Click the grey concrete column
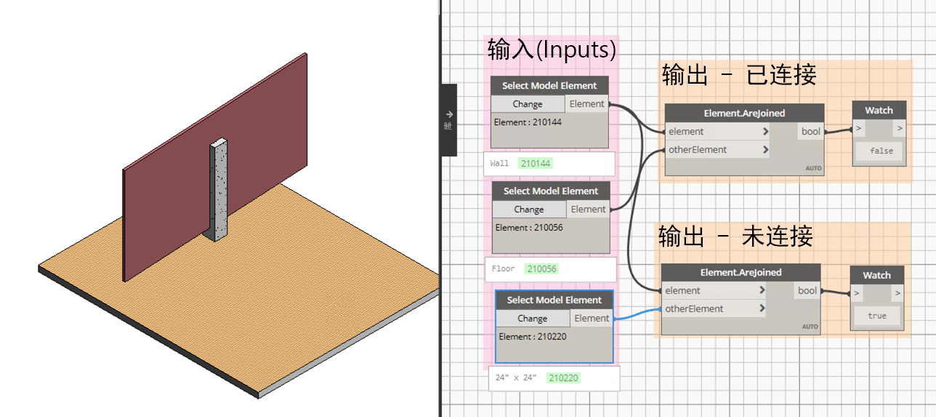click(219, 189)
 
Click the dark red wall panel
click(215, 167)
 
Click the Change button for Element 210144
click(528, 104)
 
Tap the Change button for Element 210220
click(533, 318)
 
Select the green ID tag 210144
click(536, 164)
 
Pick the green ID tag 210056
click(541, 269)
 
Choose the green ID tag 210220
click(563, 378)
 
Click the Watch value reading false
click(881, 151)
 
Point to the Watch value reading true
click(876, 316)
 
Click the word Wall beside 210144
click(499, 163)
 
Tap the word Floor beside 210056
click(503, 269)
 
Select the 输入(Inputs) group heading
click(552, 49)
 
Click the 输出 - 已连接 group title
click(739, 75)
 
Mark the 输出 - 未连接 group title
click(735, 237)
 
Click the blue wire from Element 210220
click(637, 314)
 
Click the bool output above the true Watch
click(807, 290)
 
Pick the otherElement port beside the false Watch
click(698, 150)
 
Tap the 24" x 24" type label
click(516, 378)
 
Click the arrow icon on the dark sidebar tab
click(449, 114)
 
